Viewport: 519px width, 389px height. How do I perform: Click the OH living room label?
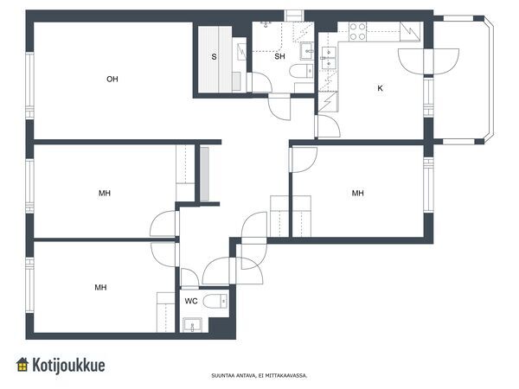[112, 79]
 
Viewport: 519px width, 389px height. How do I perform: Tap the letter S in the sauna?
[215, 57]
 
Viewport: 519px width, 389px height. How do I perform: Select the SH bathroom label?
[279, 56]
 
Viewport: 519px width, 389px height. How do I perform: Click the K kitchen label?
[380, 88]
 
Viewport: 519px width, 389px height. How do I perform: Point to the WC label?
[191, 301]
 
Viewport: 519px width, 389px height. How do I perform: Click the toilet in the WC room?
[215, 301]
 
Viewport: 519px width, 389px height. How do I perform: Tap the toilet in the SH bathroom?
[301, 71]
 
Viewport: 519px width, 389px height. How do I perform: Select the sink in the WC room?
[192, 325]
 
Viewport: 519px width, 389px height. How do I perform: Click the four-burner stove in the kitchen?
[358, 31]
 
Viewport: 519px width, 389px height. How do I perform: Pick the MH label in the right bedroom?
[357, 193]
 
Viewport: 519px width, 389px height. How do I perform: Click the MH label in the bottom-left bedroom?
[100, 288]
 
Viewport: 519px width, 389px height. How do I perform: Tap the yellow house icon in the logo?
[22, 365]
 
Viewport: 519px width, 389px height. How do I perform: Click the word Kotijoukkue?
[68, 365]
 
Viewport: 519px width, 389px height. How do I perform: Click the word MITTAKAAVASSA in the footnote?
[286, 376]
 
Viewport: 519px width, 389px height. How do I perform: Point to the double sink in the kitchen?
[329, 58]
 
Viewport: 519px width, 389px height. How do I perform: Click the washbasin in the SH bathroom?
[307, 51]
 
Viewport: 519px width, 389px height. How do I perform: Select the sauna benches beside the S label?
[215, 59]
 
